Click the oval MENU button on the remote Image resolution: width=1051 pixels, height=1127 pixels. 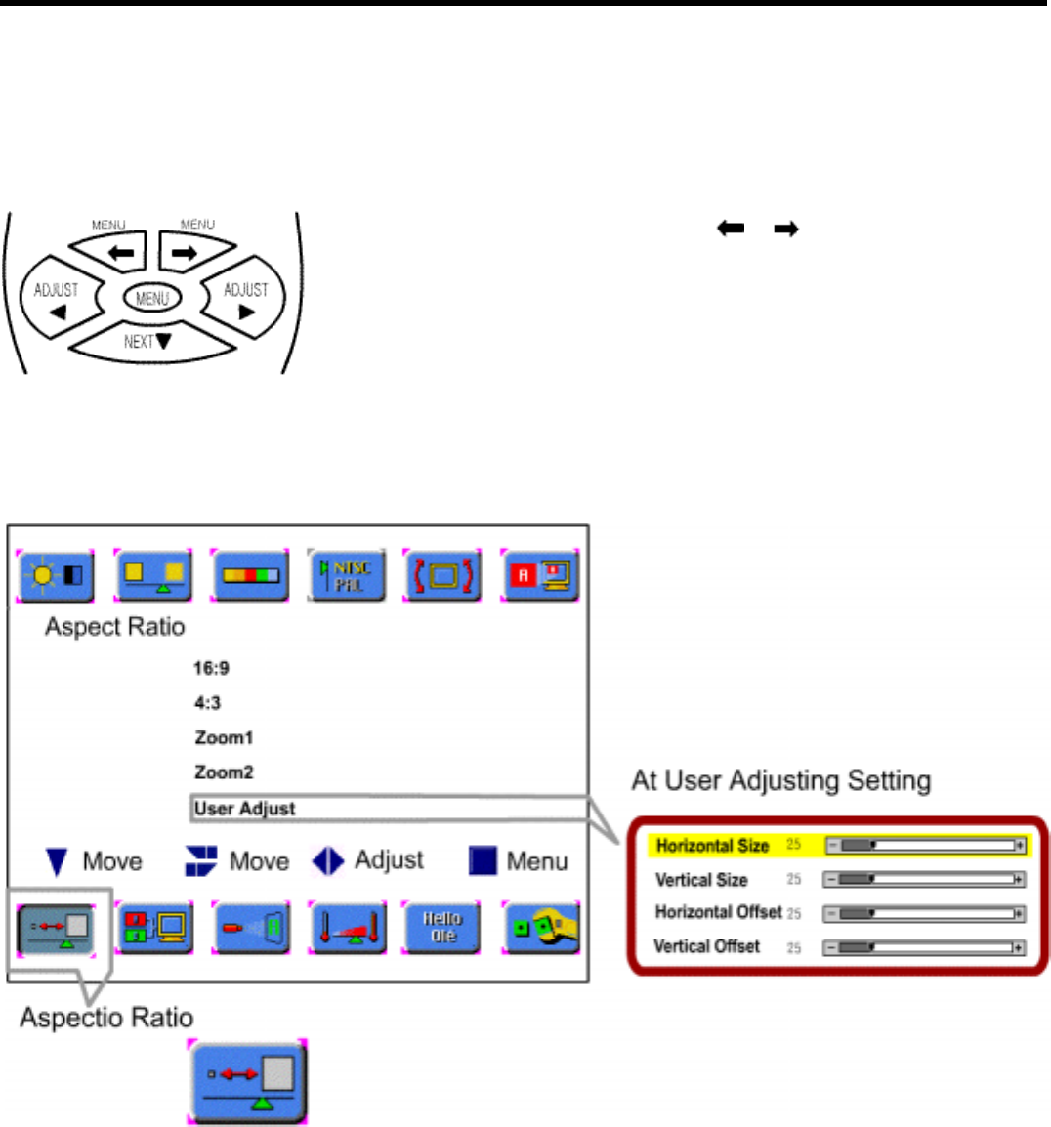point(152,298)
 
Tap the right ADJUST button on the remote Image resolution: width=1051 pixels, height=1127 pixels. point(245,299)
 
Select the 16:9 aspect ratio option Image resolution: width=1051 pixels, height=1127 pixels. point(211,668)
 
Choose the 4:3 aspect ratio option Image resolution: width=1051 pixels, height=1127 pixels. point(207,702)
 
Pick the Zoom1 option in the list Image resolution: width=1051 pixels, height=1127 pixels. point(224,737)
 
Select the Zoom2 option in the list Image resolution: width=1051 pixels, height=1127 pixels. point(224,772)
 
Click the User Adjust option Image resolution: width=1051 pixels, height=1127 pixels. point(244,808)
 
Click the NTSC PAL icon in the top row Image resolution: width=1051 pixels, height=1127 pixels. point(346,574)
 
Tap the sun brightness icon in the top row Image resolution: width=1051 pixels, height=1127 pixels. point(56,574)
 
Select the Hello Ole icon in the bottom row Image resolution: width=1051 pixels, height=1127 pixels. point(441,927)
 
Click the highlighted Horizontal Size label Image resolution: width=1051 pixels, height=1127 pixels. point(712,846)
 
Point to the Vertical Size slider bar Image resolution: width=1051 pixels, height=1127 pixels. point(923,880)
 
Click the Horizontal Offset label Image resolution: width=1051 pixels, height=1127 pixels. point(718,912)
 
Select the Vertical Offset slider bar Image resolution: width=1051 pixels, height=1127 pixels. point(923,947)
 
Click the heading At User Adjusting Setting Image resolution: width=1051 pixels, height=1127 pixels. point(780,780)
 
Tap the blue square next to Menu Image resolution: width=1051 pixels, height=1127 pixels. point(483,860)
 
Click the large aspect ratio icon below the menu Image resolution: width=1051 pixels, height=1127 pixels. point(248,1081)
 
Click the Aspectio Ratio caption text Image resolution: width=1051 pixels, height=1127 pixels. point(106,1018)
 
